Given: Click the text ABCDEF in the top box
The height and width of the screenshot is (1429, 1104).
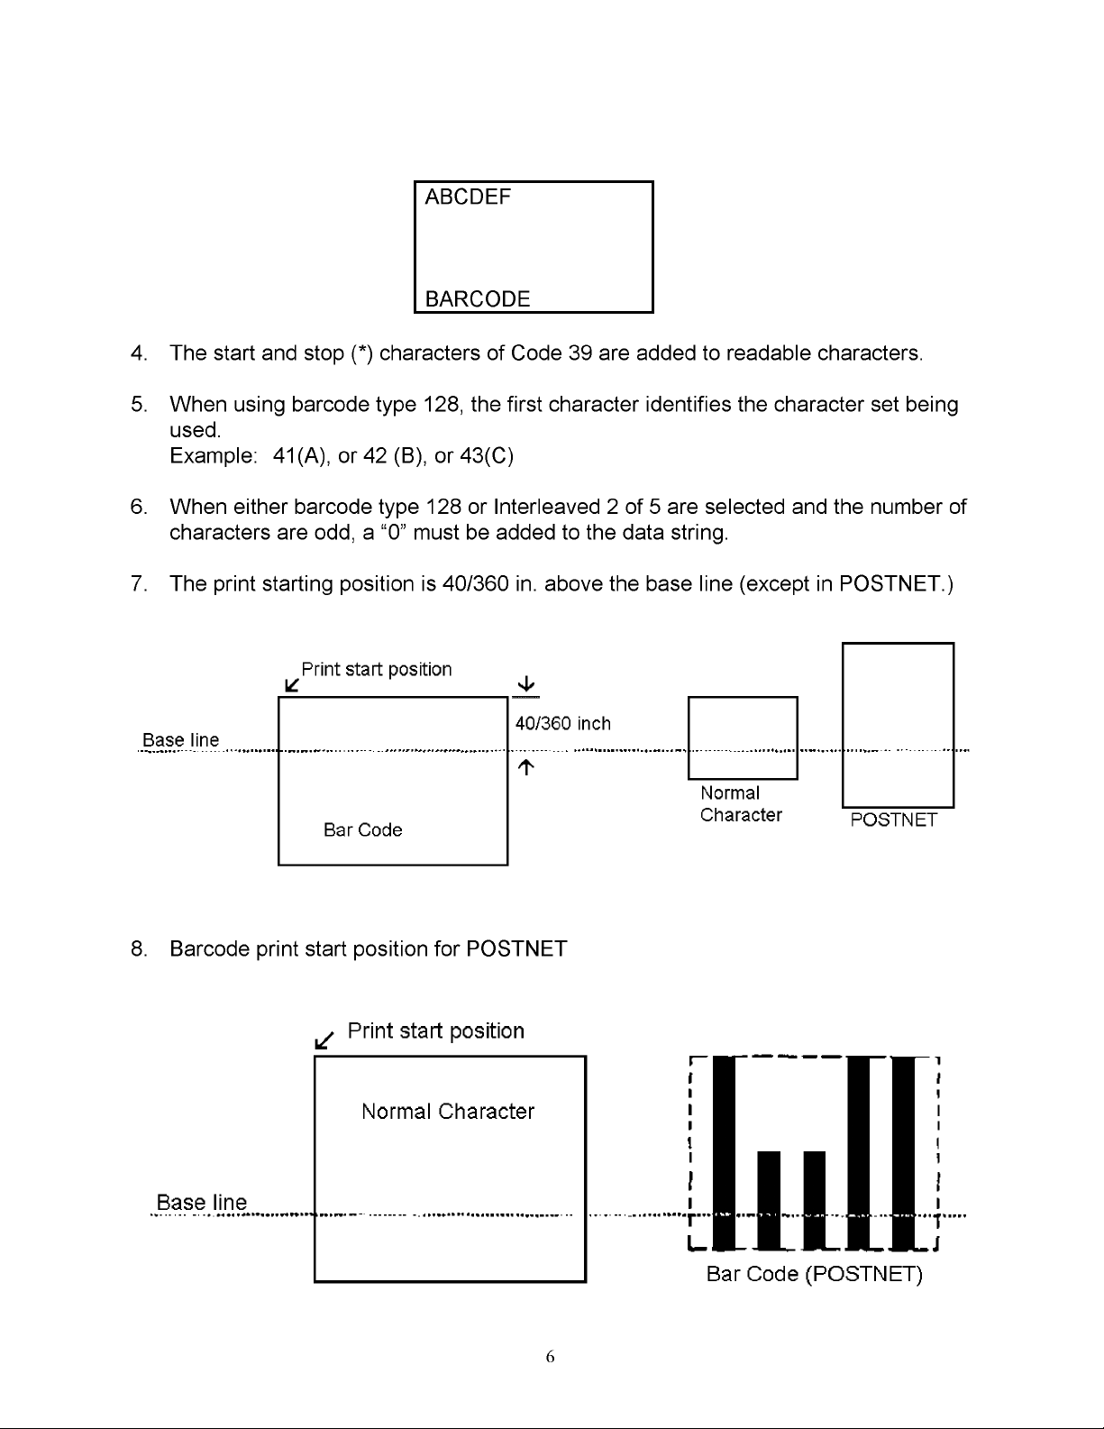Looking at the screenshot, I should tap(467, 197).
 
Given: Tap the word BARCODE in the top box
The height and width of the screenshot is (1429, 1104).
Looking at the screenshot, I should tap(477, 299).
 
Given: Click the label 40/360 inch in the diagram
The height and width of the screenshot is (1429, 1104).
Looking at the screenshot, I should tap(562, 724).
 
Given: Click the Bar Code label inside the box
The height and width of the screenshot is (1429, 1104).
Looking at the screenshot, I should tap(362, 830).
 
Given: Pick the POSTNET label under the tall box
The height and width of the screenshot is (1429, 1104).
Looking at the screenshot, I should tap(894, 820).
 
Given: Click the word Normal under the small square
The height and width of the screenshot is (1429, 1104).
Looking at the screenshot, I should tap(729, 793).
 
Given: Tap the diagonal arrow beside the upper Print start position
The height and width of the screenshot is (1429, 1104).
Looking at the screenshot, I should tap(291, 685).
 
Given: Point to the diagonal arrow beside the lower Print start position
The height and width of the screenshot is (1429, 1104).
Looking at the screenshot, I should tap(324, 1040).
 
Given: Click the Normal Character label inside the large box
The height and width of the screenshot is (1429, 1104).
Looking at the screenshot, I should tap(448, 1112).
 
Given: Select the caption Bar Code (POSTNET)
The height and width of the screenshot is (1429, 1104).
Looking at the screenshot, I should tap(814, 1275).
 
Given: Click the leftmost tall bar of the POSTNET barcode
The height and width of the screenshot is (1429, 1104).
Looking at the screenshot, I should tap(724, 1150).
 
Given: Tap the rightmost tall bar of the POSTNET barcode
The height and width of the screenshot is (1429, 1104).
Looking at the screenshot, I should tap(904, 1150).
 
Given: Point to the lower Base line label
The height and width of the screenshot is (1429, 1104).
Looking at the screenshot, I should tap(201, 1204).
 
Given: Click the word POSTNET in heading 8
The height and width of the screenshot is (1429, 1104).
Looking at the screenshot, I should tap(516, 949).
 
